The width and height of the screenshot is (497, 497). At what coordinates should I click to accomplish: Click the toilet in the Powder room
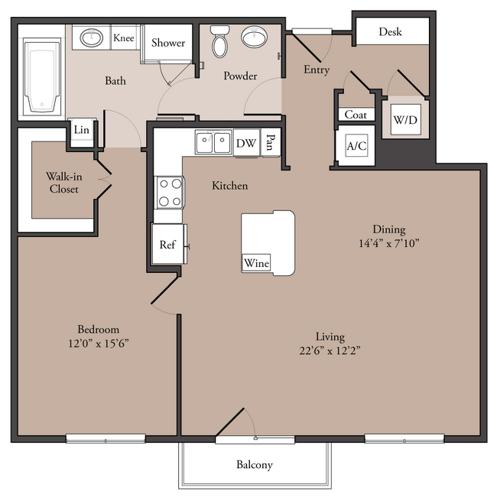[x=220, y=42]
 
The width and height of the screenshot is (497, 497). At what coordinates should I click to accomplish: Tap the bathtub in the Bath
[x=42, y=76]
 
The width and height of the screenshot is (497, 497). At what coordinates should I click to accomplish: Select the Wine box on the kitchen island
[x=256, y=263]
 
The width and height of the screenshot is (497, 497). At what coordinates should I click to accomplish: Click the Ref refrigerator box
[x=167, y=244]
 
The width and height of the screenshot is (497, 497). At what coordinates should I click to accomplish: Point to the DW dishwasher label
[x=246, y=143]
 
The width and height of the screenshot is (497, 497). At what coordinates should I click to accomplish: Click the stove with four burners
[x=170, y=193]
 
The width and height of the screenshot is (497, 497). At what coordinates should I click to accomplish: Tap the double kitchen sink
[x=213, y=142]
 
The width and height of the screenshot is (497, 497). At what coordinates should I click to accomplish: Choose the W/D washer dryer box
[x=405, y=120]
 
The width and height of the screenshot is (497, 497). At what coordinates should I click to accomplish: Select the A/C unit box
[x=356, y=146]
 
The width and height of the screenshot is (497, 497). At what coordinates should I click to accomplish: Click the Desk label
[x=390, y=31]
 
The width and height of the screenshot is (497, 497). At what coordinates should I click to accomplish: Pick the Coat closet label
[x=356, y=115]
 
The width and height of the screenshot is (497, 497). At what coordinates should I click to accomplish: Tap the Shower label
[x=168, y=43]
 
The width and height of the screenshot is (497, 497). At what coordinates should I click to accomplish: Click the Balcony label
[x=255, y=465]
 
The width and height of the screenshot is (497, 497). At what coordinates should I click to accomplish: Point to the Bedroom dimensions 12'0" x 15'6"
[x=99, y=343]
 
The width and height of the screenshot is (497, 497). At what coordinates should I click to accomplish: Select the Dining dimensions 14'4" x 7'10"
[x=389, y=243]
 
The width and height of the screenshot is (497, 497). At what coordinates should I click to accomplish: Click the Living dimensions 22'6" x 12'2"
[x=330, y=350]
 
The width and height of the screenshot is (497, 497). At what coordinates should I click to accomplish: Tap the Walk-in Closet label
[x=64, y=183]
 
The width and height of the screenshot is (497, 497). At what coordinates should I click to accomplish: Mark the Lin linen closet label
[x=82, y=130]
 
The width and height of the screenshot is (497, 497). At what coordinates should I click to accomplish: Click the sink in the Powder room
[x=254, y=37]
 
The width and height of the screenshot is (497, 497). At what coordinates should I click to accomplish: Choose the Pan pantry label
[x=271, y=141]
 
